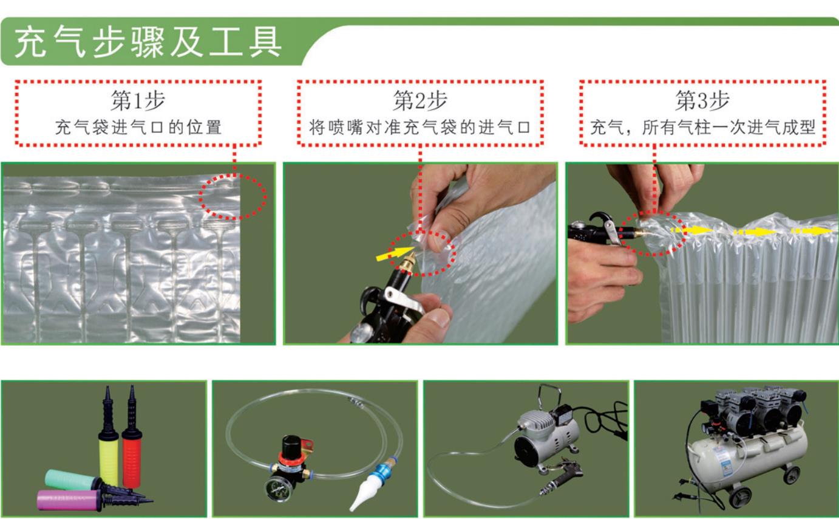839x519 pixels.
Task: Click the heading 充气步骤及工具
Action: point(148,42)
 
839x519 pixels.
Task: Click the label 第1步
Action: point(138,100)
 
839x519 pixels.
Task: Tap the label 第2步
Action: point(420,100)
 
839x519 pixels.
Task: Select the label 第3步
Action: point(702,100)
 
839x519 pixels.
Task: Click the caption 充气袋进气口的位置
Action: point(138,128)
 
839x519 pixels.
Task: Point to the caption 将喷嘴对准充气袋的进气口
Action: point(420,128)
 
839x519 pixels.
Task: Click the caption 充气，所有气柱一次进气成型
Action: point(702,128)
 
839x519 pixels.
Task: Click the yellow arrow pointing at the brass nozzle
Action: point(393,253)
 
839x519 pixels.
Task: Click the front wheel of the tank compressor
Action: point(740,498)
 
